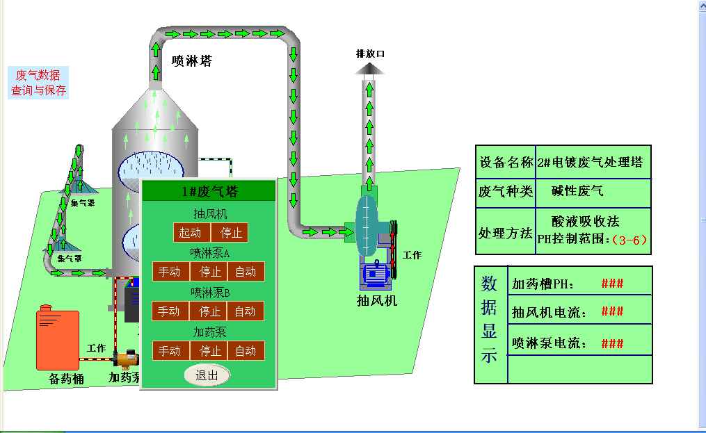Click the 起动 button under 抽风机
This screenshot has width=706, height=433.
tap(191, 232)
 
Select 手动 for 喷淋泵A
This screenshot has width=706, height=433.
tap(169, 272)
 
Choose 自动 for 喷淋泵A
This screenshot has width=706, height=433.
tap(245, 272)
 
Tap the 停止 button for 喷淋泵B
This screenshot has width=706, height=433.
tap(210, 311)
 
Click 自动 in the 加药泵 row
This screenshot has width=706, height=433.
tap(245, 351)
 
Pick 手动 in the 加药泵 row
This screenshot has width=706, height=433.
tap(169, 351)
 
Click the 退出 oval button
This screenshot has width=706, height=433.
tap(207, 375)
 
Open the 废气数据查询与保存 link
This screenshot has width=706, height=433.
tap(38, 83)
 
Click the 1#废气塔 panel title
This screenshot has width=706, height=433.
tap(209, 191)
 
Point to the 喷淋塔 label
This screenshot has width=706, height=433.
tap(192, 61)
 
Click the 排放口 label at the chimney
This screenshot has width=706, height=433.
tap(370, 53)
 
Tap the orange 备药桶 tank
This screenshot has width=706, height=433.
tap(57, 339)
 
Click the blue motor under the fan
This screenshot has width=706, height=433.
tap(376, 275)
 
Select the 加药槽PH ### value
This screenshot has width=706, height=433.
tap(612, 284)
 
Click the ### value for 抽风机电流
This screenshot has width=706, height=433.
tap(612, 312)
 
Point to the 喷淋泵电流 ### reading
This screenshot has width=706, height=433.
tap(612, 343)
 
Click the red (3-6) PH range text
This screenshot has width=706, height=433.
tap(629, 240)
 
